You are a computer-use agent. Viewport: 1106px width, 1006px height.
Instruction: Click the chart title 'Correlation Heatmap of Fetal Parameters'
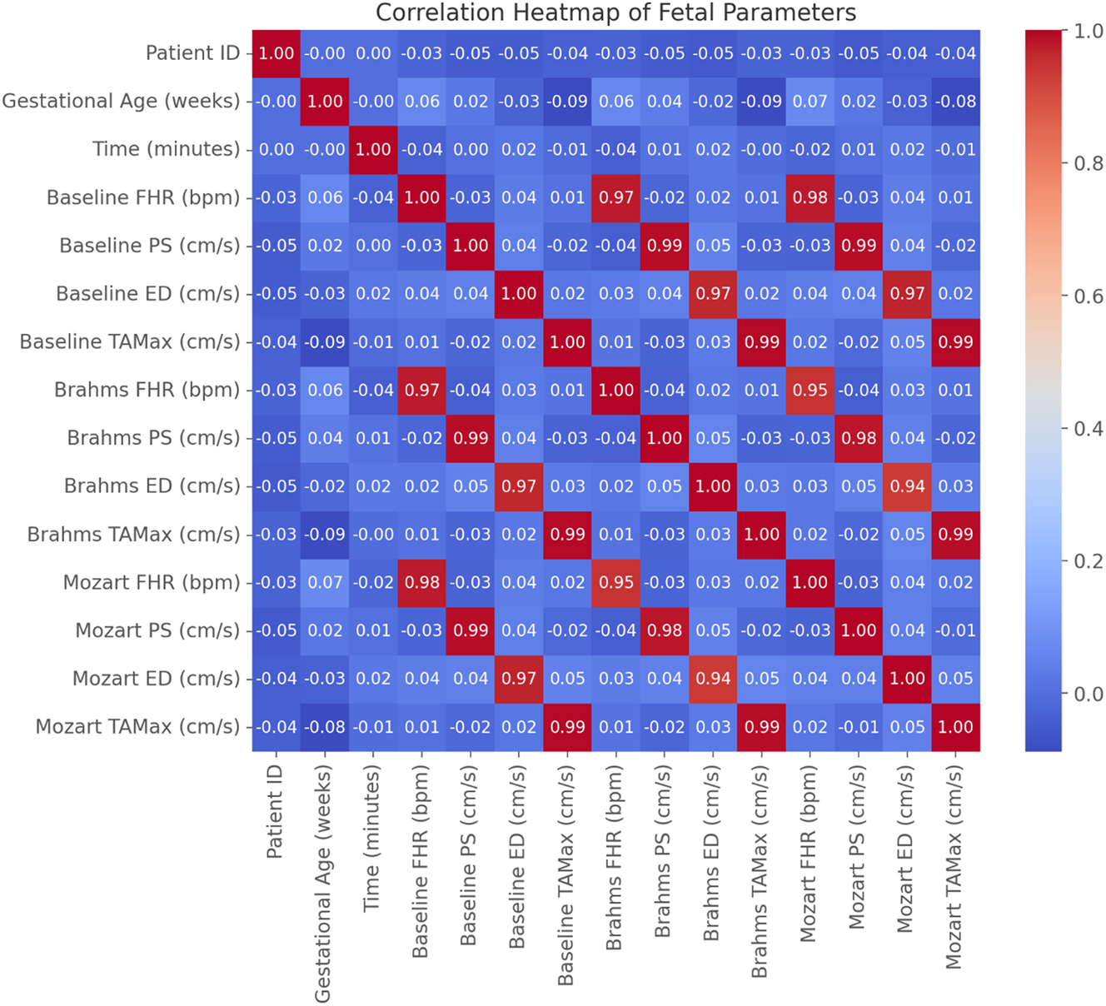click(615, 13)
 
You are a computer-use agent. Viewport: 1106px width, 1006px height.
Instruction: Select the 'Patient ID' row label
click(192, 53)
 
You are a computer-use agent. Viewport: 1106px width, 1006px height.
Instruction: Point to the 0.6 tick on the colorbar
click(1089, 296)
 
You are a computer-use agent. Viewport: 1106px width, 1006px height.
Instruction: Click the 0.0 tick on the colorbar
click(1089, 694)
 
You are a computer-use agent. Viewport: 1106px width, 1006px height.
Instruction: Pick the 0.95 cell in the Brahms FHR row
click(810, 390)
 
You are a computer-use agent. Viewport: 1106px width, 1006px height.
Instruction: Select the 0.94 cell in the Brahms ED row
click(907, 486)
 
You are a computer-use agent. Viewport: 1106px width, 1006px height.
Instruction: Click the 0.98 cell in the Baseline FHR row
click(810, 197)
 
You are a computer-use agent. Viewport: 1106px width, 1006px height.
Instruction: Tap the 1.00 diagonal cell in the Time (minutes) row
click(373, 149)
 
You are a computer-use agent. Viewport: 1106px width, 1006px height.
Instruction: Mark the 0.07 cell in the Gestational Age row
click(810, 102)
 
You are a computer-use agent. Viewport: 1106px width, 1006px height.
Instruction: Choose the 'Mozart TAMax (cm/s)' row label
click(137, 727)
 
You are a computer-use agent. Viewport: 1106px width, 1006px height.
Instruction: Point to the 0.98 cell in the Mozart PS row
click(665, 630)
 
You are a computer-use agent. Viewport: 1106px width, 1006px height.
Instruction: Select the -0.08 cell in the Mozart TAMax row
click(325, 727)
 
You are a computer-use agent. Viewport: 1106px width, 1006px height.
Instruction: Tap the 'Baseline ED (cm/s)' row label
click(147, 294)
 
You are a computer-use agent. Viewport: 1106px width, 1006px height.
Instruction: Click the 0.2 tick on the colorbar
click(1089, 561)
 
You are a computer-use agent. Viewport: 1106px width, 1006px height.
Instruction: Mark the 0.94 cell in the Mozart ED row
click(713, 679)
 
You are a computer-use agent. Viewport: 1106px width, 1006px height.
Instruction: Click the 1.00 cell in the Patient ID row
click(276, 53)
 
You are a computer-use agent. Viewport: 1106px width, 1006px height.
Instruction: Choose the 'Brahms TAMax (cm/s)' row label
click(133, 535)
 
